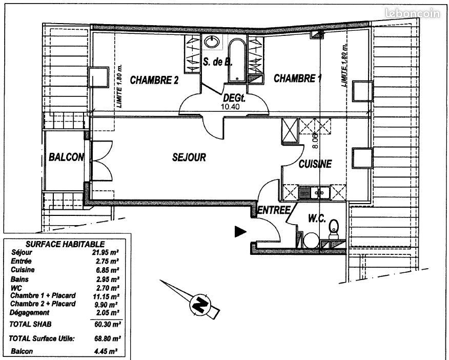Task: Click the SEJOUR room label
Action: click(x=189, y=157)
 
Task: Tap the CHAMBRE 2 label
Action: click(x=154, y=80)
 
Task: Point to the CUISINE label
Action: click(x=315, y=164)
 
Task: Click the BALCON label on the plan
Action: click(x=66, y=157)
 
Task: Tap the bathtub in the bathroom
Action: click(x=237, y=60)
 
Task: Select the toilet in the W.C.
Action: click(x=333, y=229)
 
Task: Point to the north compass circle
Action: click(x=200, y=304)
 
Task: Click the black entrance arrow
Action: click(x=240, y=232)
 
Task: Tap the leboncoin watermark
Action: click(x=413, y=13)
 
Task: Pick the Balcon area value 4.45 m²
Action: click(x=106, y=351)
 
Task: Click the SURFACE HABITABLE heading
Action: click(x=65, y=244)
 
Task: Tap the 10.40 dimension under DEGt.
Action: click(x=231, y=107)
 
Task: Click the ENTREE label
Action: click(x=274, y=210)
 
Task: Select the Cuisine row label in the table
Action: click(x=23, y=270)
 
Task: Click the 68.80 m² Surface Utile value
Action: click(x=108, y=339)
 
